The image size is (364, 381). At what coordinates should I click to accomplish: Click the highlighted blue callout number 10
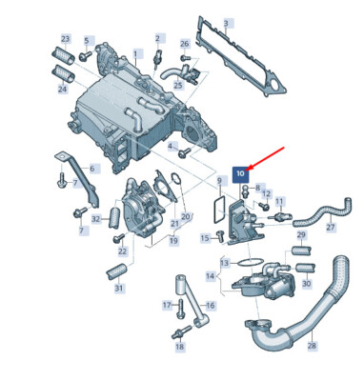pos(240,173)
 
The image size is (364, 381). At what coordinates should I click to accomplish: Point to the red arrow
pos(266,157)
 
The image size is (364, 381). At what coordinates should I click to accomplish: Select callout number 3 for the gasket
pos(226,23)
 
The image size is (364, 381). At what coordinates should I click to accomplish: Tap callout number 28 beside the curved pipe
pos(312,345)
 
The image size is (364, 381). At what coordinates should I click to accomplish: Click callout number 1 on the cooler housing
pos(135,54)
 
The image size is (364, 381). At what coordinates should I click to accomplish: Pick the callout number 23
pos(65,39)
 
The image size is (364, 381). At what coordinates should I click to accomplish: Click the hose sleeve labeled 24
pos(64,72)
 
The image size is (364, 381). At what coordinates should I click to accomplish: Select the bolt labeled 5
pos(85,56)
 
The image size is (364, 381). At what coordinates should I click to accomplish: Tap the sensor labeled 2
pos(157,58)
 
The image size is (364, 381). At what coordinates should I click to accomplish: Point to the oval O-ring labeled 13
pos(250,262)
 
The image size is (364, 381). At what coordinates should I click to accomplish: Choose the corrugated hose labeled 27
pos(321,211)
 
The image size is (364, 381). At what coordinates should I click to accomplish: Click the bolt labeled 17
pos(181,308)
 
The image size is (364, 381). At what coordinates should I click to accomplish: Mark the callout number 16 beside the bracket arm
pos(211,306)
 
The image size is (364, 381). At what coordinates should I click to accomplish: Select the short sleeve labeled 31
pos(116,272)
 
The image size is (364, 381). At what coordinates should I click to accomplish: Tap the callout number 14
pos(210,276)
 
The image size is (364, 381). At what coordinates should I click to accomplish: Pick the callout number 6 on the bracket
pos(92,169)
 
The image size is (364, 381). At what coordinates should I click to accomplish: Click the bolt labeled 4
pos(184,152)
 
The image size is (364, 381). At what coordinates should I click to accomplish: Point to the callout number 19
pos(173,240)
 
